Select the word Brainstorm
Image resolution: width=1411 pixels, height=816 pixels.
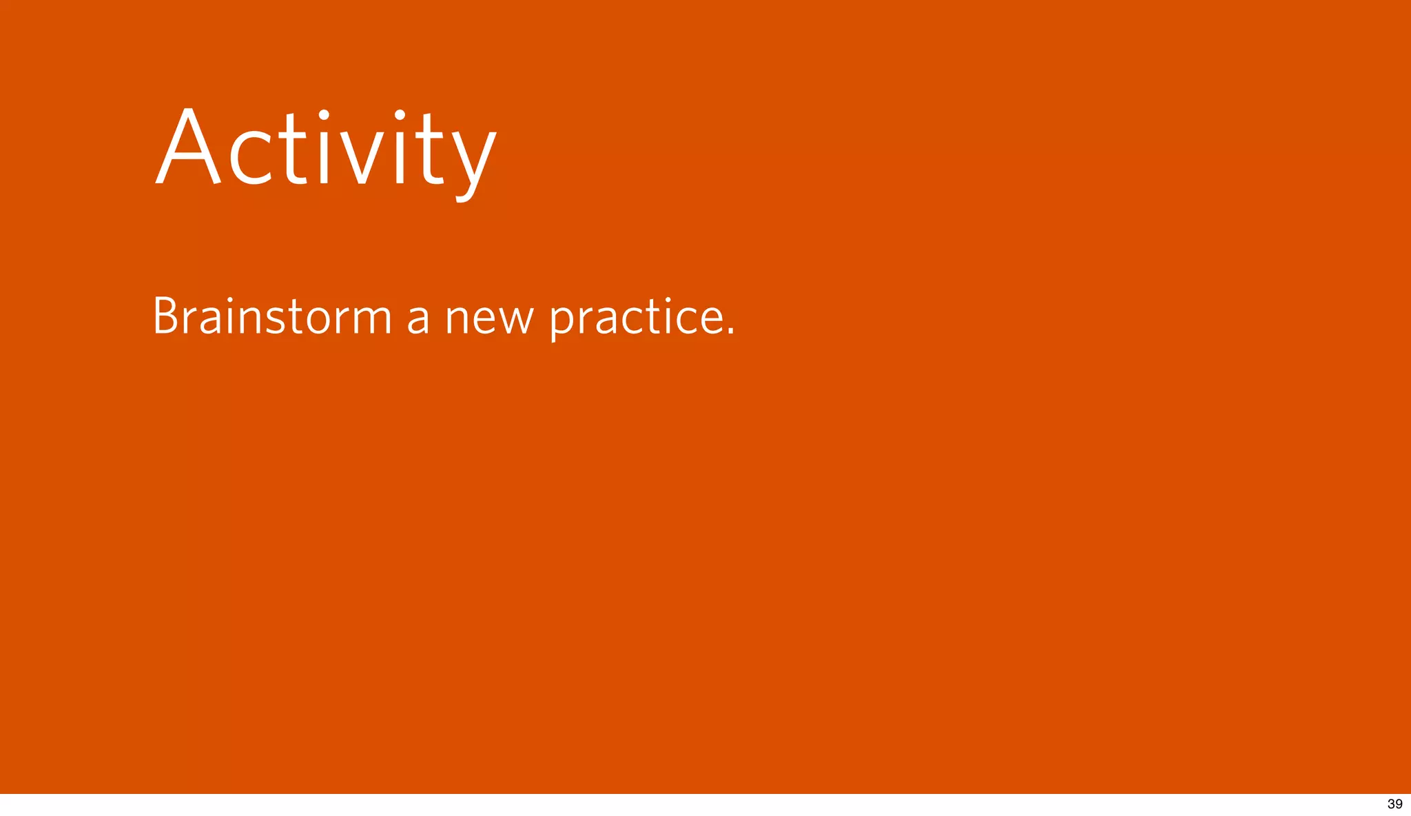tap(272, 316)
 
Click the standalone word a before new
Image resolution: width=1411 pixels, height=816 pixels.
tap(418, 318)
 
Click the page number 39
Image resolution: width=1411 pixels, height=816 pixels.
tap(1394, 804)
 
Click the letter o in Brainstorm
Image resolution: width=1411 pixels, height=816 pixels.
tap(318, 319)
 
